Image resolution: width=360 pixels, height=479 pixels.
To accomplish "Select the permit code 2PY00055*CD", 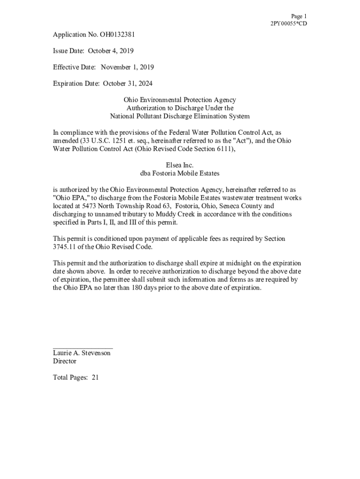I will coord(289,23).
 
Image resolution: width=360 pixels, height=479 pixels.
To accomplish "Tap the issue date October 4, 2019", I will coord(111,51).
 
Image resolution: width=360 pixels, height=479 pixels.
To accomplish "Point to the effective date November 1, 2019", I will coord(127,67).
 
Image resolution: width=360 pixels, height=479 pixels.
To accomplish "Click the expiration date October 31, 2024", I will coord(128,84).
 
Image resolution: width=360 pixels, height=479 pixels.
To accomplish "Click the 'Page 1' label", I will coord(299,16).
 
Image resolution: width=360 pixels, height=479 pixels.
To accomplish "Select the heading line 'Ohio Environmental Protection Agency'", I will coord(180,100).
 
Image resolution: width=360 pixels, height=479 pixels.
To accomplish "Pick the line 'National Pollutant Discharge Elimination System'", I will coord(180,116).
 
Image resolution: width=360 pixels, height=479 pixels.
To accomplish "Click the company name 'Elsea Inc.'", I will coord(180,165).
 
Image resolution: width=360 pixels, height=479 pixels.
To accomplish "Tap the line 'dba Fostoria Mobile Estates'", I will coord(180,173).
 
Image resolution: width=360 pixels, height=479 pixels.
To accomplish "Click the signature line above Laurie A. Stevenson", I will coord(83,348).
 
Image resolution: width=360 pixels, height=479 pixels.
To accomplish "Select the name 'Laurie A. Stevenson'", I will coord(82,353).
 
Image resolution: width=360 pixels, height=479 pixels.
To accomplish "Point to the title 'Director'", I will coord(65,362).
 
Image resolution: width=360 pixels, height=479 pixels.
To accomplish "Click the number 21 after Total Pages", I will coord(95,377).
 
